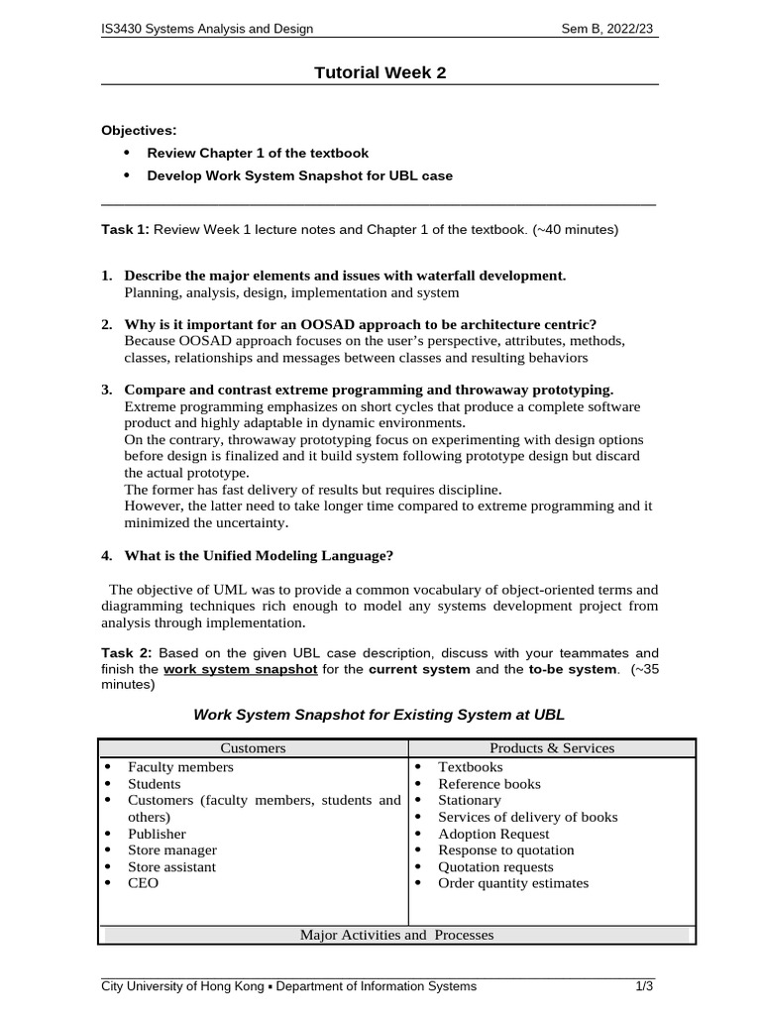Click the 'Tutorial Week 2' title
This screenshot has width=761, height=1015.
[x=380, y=71]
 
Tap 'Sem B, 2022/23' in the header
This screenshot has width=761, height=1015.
[x=608, y=29]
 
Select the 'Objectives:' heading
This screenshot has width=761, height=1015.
[x=140, y=130]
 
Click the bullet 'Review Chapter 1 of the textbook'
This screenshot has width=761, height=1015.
[x=258, y=153]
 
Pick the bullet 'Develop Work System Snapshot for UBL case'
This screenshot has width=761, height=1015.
[x=299, y=175]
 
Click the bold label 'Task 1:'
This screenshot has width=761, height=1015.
[x=126, y=229]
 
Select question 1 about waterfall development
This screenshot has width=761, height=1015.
[x=345, y=275]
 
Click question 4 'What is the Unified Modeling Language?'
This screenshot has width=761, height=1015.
[x=266, y=554]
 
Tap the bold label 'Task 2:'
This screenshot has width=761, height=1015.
[x=127, y=652]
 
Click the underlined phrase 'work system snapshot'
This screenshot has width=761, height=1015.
[x=241, y=669]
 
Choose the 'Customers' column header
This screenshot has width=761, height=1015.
[x=253, y=748]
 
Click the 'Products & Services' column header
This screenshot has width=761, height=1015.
[x=552, y=748]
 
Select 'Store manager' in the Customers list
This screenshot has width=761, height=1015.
[x=172, y=849]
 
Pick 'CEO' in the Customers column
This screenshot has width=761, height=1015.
[x=143, y=882]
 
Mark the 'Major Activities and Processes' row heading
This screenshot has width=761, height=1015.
[x=396, y=935]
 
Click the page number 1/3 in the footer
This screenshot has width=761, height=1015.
[x=644, y=986]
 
